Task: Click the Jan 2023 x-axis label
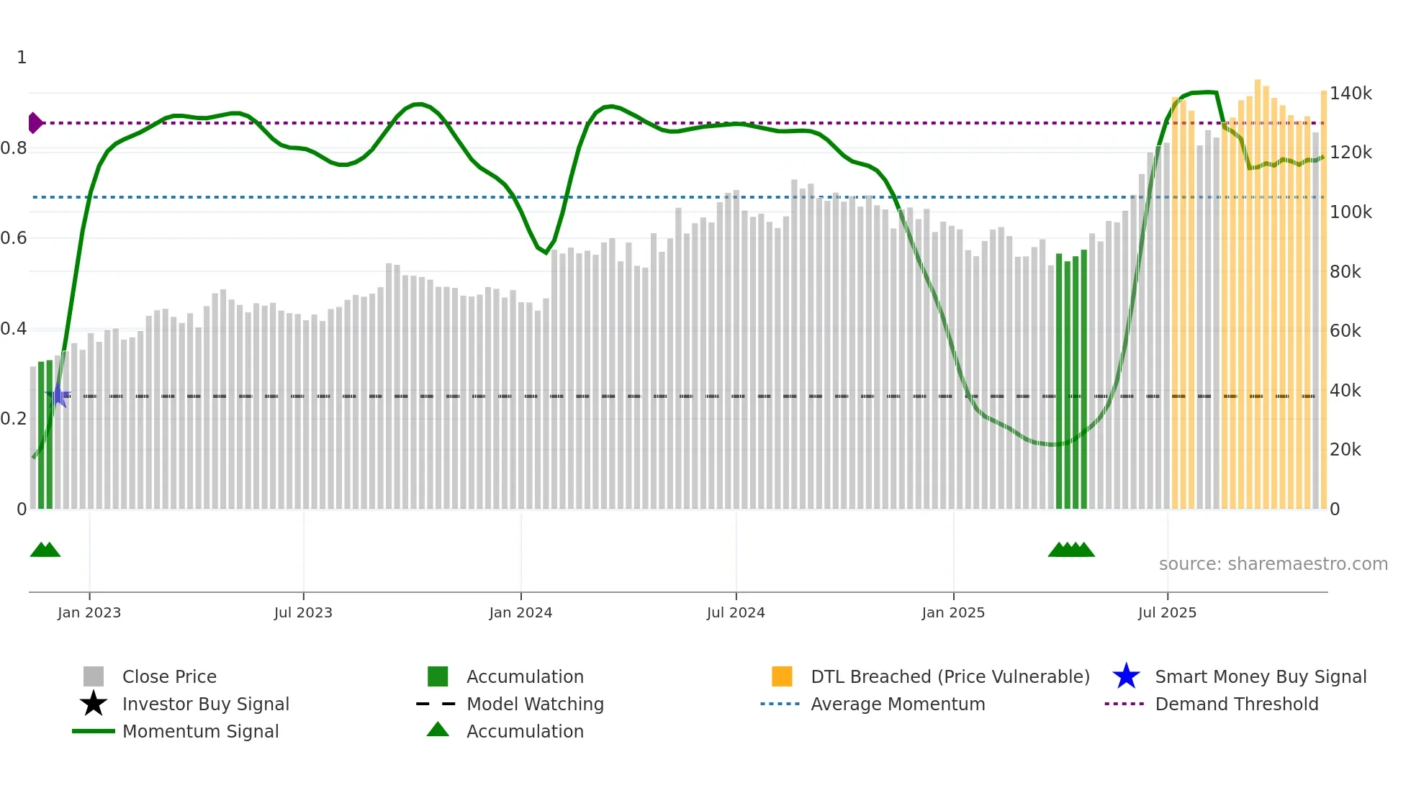[89, 613]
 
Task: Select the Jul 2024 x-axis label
[736, 613]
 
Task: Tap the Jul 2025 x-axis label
[1167, 613]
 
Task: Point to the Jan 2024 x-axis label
[520, 613]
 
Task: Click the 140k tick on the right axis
[1351, 94]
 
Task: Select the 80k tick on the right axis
[1345, 272]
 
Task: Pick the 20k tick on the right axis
[1345, 450]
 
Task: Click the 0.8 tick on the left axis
[14, 148]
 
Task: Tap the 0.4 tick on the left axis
[14, 329]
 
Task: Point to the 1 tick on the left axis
[22, 58]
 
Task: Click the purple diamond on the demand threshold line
[35, 123]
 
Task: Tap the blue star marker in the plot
[58, 396]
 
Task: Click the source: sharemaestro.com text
[1273, 564]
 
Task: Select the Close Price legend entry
[168, 677]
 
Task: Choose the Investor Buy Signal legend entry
[205, 704]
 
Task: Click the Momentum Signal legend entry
[200, 732]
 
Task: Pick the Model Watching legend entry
[535, 704]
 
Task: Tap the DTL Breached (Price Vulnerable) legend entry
[950, 677]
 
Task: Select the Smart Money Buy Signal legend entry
[1260, 677]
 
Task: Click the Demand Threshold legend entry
[1236, 704]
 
